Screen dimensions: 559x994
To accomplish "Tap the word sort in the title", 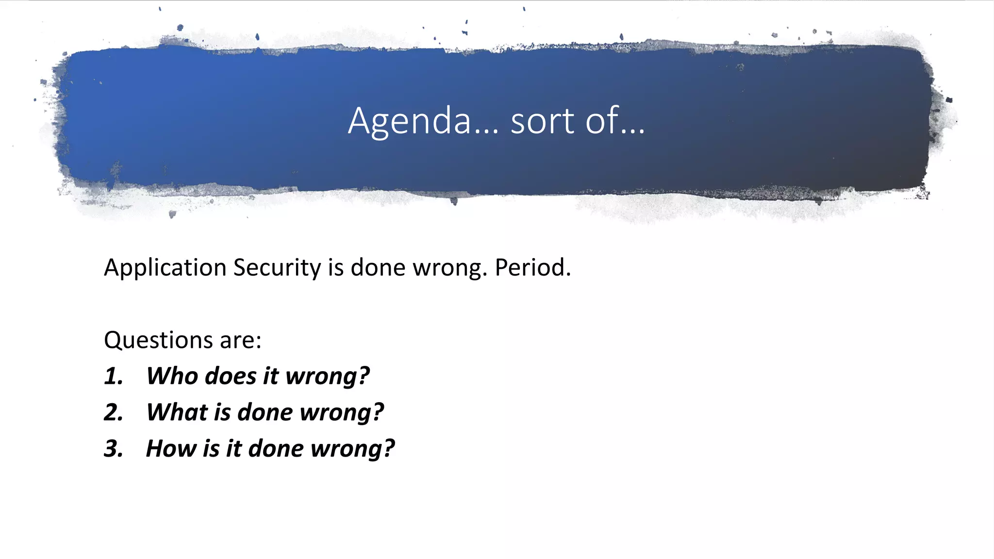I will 542,121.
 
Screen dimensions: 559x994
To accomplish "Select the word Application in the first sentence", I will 165,268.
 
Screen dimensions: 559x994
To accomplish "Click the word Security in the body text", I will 277,268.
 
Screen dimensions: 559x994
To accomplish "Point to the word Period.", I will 532,268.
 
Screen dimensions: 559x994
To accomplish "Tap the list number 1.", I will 114,377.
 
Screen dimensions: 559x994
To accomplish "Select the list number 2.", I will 114,413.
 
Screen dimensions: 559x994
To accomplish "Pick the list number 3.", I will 114,449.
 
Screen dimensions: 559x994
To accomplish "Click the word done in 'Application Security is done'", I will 378,268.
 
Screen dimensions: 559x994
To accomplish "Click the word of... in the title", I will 615,121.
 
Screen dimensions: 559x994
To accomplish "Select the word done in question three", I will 276,449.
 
